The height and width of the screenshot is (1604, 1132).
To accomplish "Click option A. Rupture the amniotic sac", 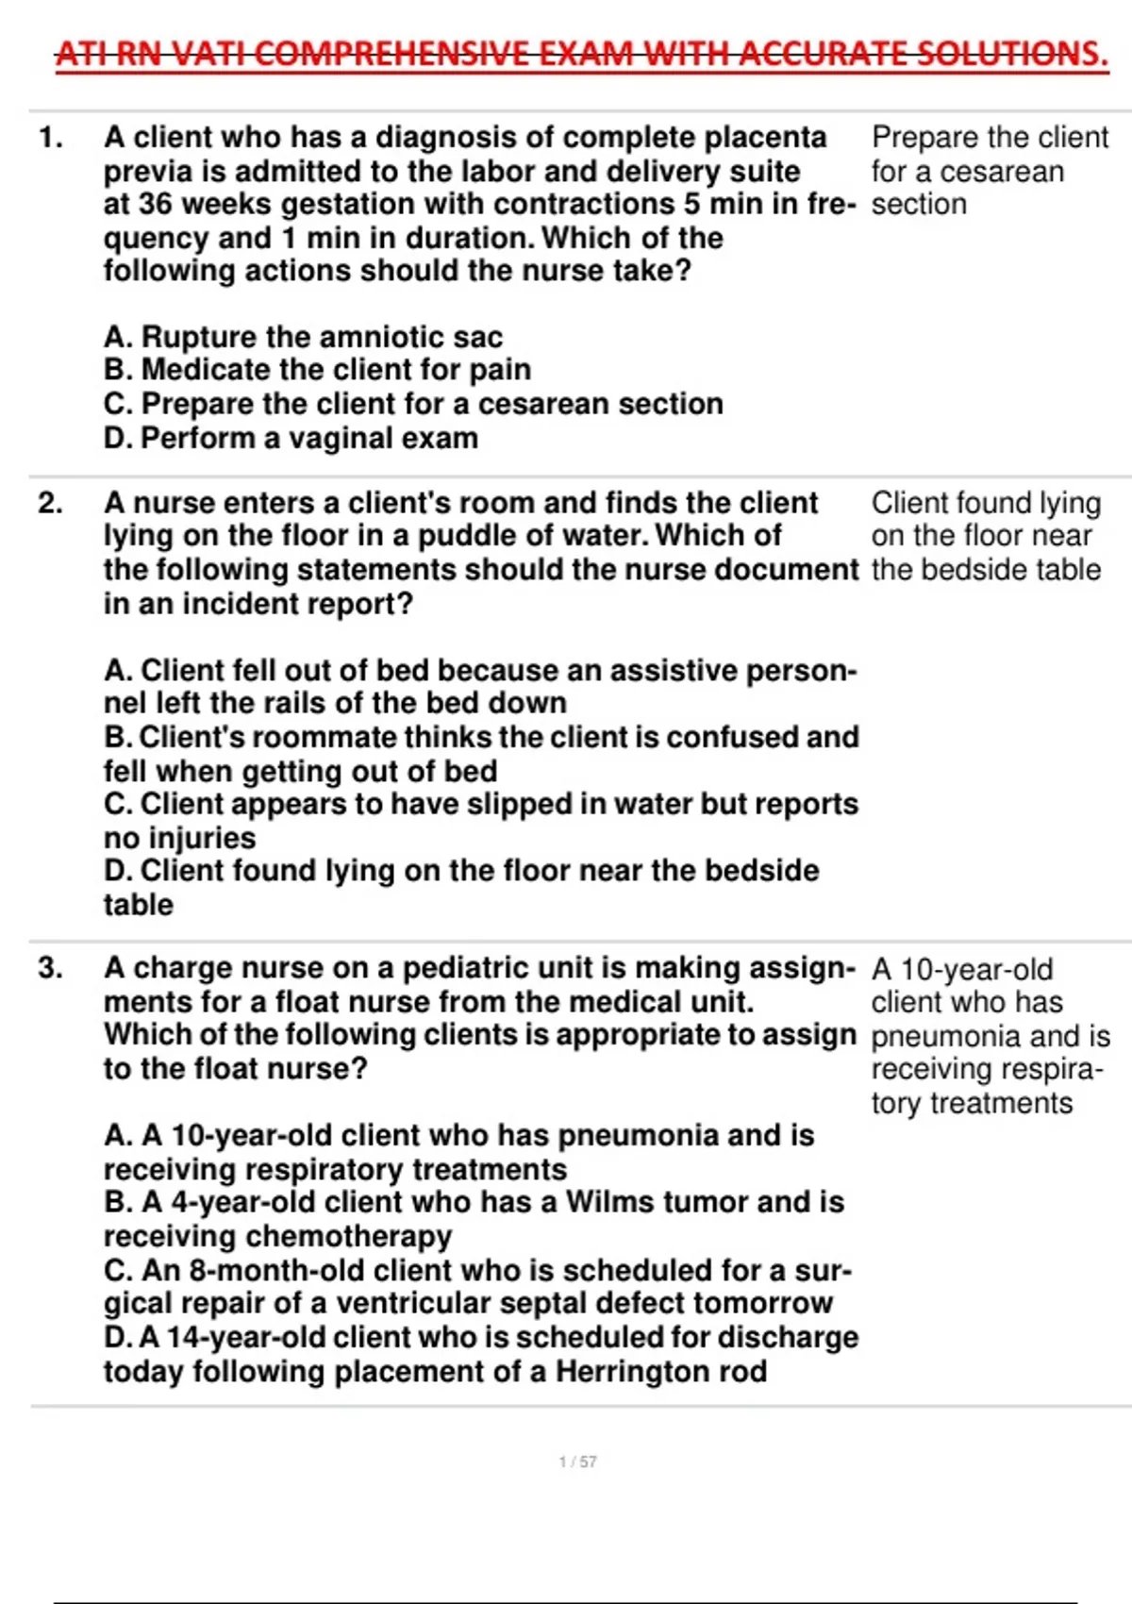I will point(303,337).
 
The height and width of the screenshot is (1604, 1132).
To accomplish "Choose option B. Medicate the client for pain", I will point(317,370).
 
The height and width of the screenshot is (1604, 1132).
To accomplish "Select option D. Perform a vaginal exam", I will point(291,438).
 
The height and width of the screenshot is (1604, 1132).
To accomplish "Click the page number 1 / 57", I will point(577,1462).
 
